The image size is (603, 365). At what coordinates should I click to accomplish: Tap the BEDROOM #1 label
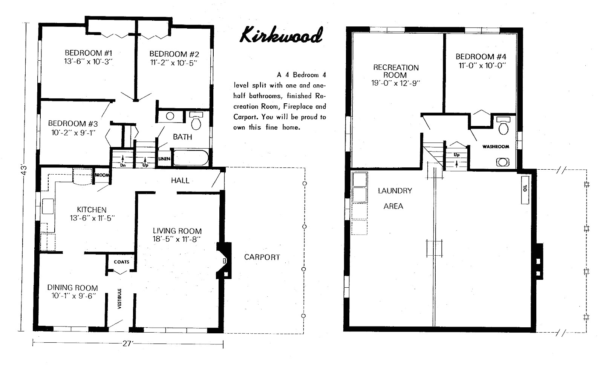click(89, 53)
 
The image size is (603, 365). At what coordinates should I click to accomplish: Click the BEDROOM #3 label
click(73, 123)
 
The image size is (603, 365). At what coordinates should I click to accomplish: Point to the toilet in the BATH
click(196, 121)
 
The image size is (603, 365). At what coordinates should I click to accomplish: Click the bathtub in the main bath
click(191, 158)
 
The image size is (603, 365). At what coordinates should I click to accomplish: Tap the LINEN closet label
click(164, 159)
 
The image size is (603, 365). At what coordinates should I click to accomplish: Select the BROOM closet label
click(101, 175)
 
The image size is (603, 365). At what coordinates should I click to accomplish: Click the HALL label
click(180, 181)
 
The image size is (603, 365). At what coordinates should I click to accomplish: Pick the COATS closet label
click(121, 262)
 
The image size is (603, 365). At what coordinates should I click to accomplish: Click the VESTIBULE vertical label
click(120, 299)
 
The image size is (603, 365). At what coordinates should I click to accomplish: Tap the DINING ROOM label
click(72, 288)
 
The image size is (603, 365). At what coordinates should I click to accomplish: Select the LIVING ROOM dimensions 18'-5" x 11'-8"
click(177, 239)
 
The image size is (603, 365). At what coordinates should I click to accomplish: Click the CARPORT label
click(262, 257)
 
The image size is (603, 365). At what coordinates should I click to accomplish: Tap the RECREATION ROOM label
click(396, 71)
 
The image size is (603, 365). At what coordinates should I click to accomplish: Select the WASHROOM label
click(496, 147)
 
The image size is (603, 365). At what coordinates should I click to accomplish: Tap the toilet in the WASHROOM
click(503, 126)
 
